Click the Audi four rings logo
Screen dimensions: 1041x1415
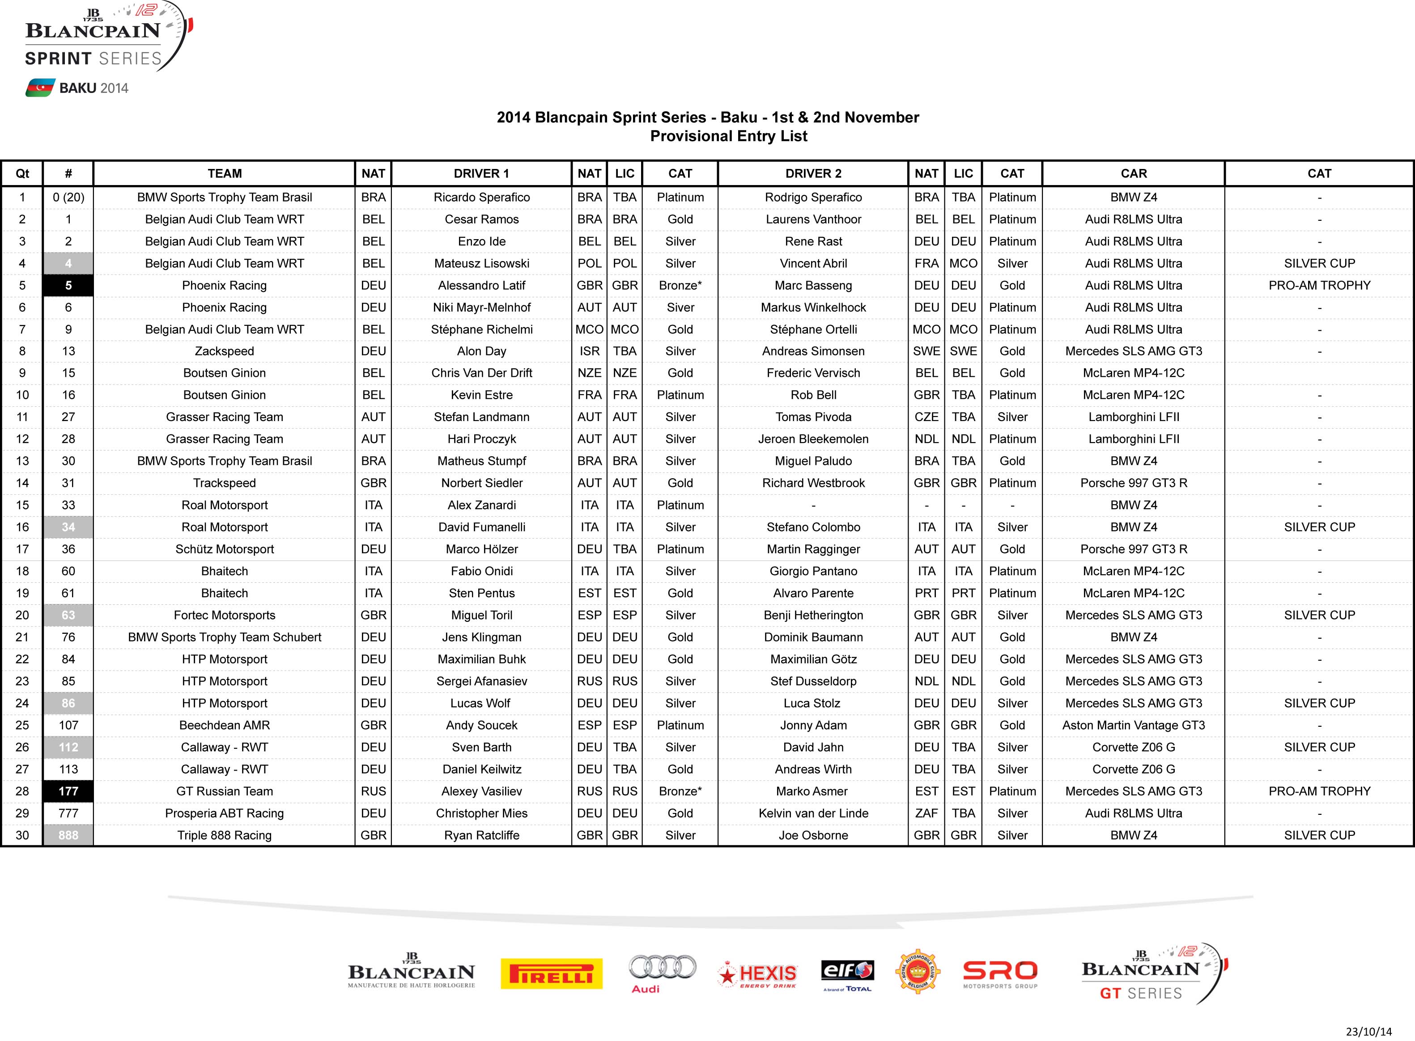(x=662, y=967)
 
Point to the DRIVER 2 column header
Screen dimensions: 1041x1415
(x=813, y=174)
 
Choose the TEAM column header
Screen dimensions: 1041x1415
(x=225, y=174)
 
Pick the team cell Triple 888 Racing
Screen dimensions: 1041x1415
(x=225, y=835)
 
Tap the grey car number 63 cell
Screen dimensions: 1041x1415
(x=68, y=615)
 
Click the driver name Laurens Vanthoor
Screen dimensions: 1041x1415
(x=813, y=219)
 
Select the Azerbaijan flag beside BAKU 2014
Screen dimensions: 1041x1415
(x=40, y=88)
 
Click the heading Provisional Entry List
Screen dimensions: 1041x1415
(x=728, y=136)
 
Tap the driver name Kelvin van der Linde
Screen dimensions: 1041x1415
(x=813, y=813)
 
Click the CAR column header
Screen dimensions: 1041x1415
(x=1133, y=174)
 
